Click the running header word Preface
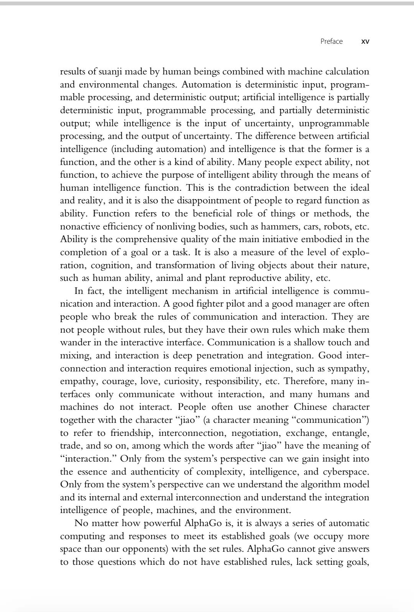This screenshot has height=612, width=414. [x=331, y=41]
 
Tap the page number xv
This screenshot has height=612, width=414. [x=365, y=42]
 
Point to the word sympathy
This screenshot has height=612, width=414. [x=350, y=368]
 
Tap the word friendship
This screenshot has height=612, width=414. [x=132, y=433]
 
